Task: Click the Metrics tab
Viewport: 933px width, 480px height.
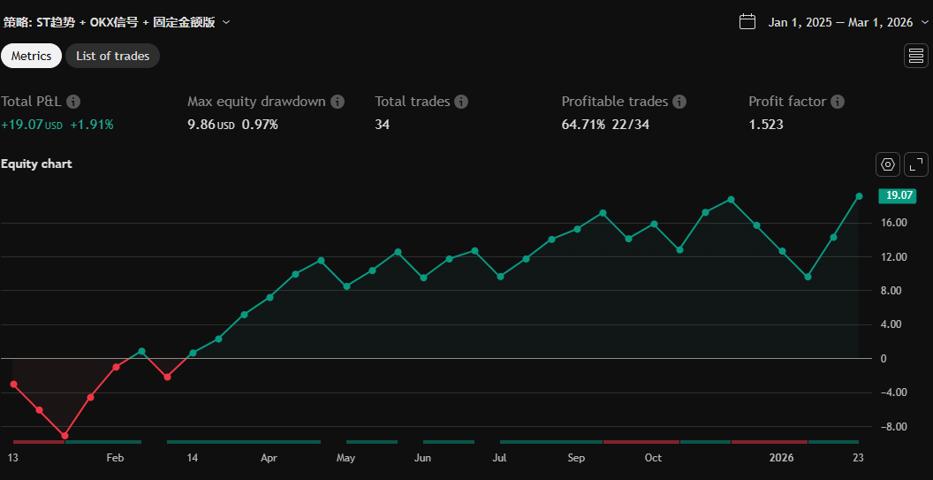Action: click(x=31, y=56)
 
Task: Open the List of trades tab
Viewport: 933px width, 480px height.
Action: click(x=112, y=56)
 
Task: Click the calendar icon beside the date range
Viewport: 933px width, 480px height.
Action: click(x=747, y=21)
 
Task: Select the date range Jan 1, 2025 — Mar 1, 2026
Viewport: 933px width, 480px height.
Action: click(x=839, y=22)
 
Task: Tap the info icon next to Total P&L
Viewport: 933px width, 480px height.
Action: click(x=73, y=102)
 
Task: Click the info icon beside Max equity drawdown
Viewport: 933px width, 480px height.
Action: click(x=338, y=102)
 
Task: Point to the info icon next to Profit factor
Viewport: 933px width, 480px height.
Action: click(x=838, y=102)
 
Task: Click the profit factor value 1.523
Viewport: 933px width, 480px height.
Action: click(x=765, y=125)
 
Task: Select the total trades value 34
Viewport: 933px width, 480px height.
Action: click(x=382, y=125)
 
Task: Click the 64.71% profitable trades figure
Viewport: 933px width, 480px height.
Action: click(x=583, y=125)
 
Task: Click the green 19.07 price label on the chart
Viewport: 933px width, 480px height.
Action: click(x=896, y=195)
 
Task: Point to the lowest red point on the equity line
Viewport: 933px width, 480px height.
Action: click(x=64, y=436)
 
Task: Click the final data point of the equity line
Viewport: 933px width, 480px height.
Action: click(x=859, y=196)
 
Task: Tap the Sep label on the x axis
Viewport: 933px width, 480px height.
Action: click(x=576, y=458)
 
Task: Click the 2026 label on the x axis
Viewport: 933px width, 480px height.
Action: click(x=782, y=458)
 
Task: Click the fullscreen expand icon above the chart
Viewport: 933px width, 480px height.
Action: click(x=917, y=164)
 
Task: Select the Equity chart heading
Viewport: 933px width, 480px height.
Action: click(x=36, y=164)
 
